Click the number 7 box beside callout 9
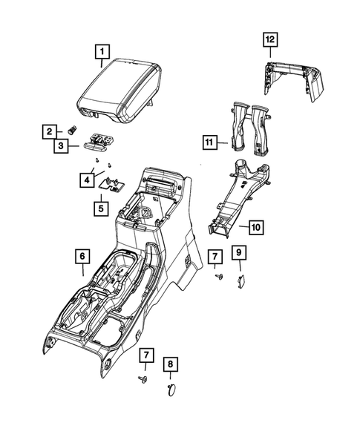[x=215, y=257]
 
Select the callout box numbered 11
[x=211, y=140]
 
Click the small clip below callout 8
[x=169, y=388]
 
